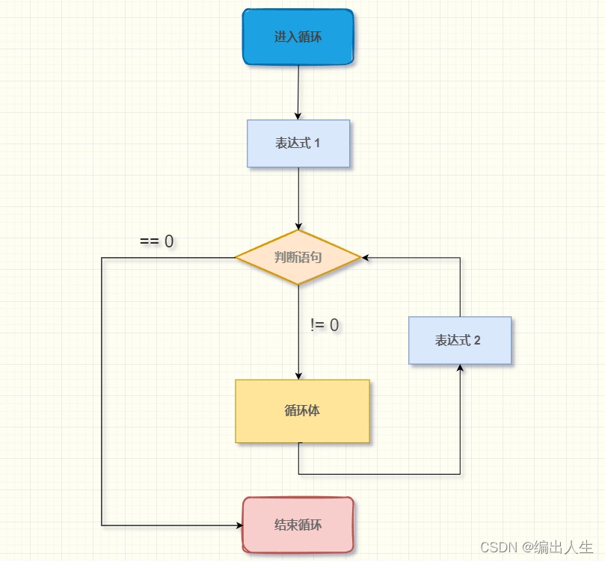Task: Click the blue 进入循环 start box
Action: point(298,37)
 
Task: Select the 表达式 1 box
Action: point(298,143)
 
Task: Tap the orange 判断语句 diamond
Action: point(298,257)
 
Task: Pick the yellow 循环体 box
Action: point(302,411)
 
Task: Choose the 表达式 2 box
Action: point(459,341)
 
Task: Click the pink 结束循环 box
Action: point(298,525)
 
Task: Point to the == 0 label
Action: point(157,241)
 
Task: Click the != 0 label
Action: point(325,325)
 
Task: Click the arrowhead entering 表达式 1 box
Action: point(298,117)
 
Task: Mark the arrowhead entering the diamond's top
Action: point(298,226)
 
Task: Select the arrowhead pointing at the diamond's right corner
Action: point(366,258)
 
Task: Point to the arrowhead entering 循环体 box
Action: point(298,376)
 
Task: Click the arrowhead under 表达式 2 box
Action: point(460,368)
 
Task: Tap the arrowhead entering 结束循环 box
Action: point(239,525)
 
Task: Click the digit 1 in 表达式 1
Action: point(317,143)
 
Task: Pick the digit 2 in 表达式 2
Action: point(477,341)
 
